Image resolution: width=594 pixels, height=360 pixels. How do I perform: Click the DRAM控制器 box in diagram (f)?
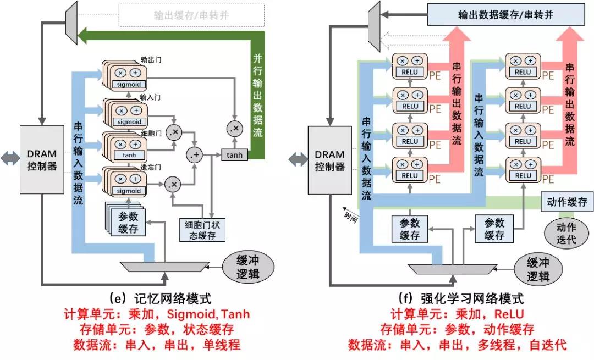tap(329, 159)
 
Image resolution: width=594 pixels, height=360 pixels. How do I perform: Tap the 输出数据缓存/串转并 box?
tap(505, 15)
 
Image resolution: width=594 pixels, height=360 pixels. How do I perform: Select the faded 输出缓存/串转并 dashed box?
tap(191, 15)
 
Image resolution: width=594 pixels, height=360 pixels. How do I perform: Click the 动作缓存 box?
tap(566, 202)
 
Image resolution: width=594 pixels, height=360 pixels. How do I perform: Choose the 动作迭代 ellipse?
tap(566, 233)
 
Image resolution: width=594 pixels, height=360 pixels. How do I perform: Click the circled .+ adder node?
tap(195, 155)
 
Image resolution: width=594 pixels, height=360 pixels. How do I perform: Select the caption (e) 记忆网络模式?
tap(160, 298)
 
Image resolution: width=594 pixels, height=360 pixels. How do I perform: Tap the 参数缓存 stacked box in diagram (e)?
tap(128, 221)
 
